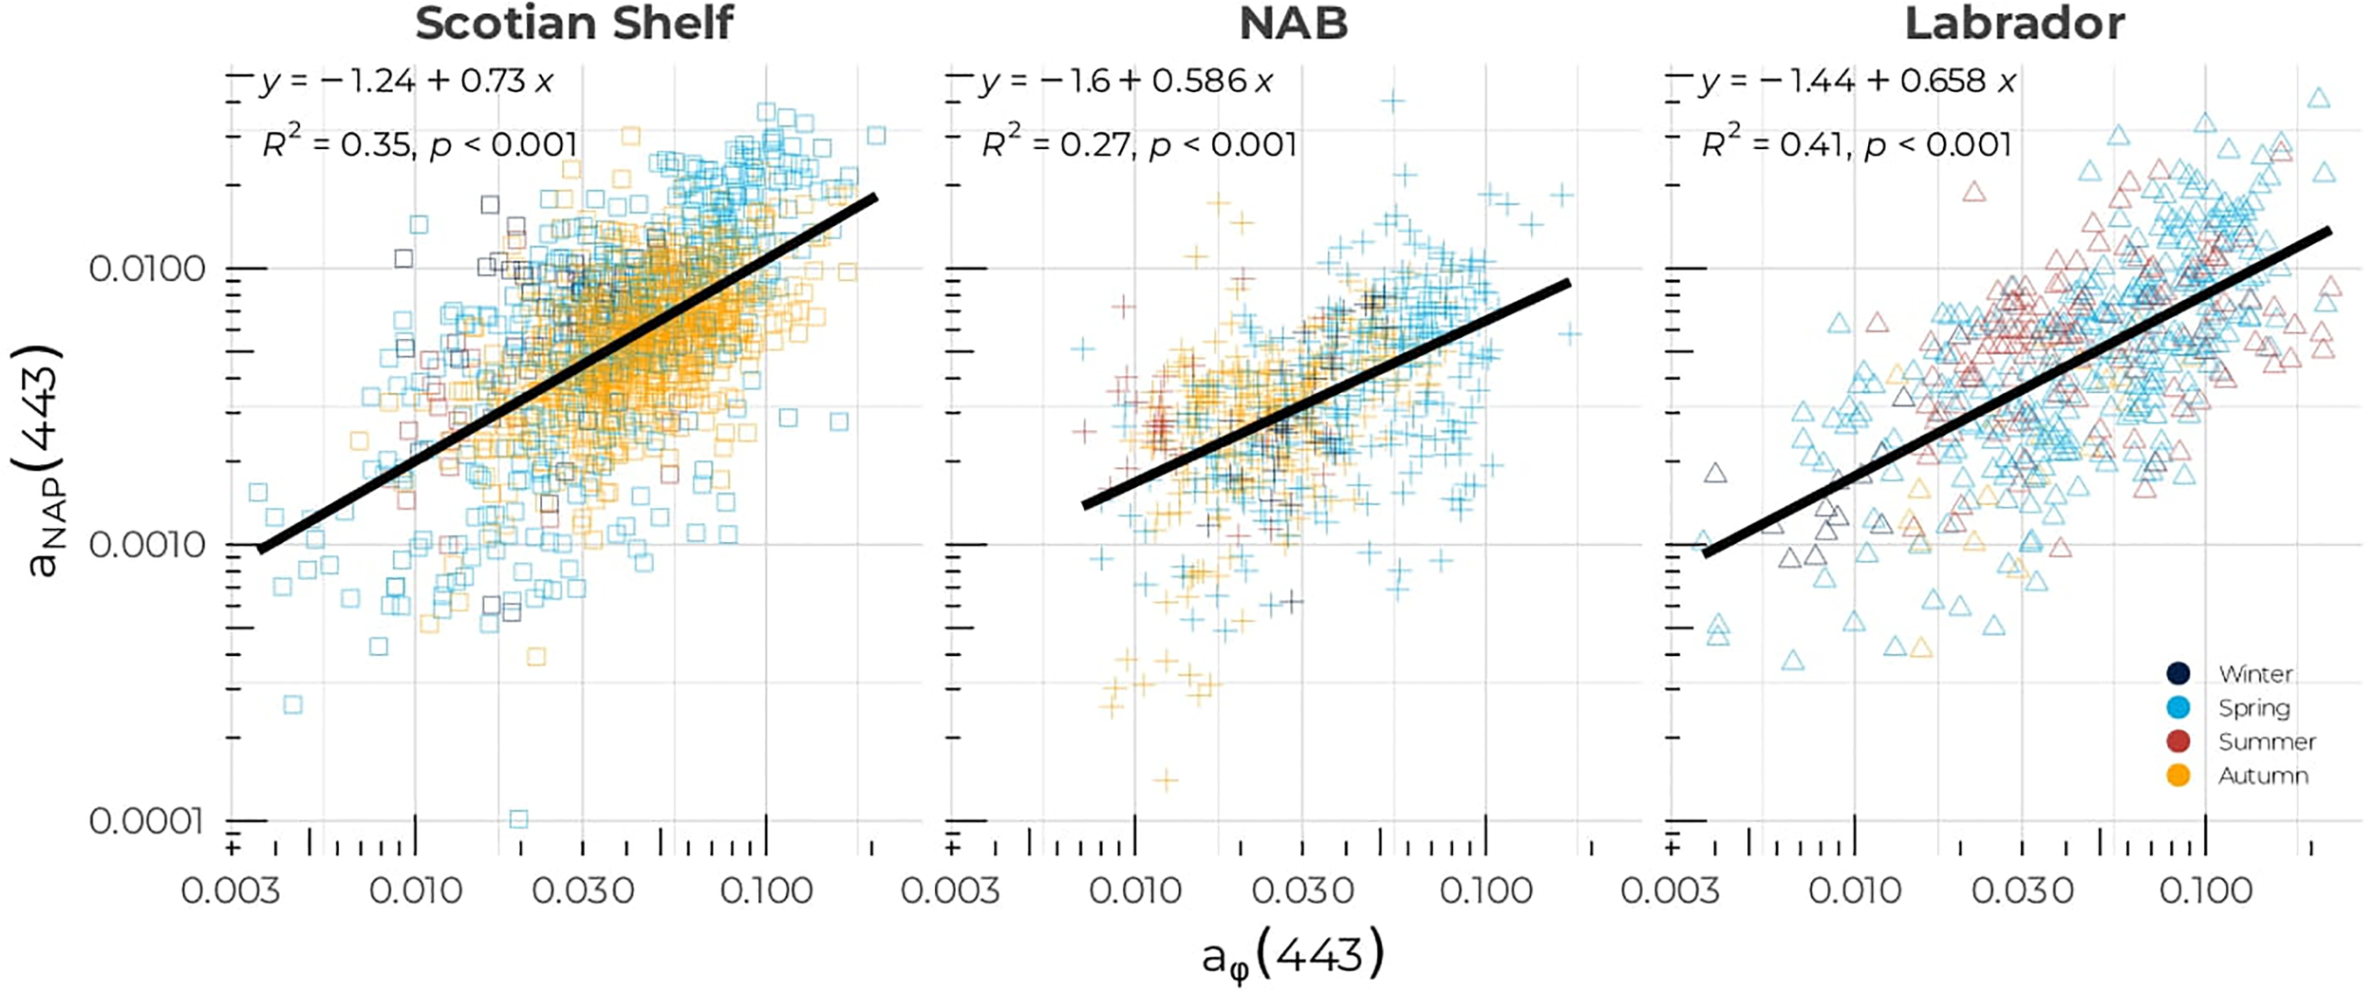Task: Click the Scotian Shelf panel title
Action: (x=574, y=24)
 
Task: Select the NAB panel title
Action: (x=1293, y=24)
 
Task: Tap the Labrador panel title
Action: (x=2014, y=24)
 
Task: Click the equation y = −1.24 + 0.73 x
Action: (x=406, y=82)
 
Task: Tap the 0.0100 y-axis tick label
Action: (x=147, y=269)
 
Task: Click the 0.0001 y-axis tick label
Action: (x=147, y=820)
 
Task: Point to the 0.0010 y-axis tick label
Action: (x=147, y=545)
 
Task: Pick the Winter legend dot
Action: (x=2178, y=674)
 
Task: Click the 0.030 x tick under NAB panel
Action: (x=1302, y=890)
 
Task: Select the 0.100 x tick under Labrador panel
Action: (x=2205, y=890)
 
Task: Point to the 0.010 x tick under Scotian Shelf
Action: (x=415, y=890)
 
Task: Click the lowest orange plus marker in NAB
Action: (x=1166, y=780)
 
